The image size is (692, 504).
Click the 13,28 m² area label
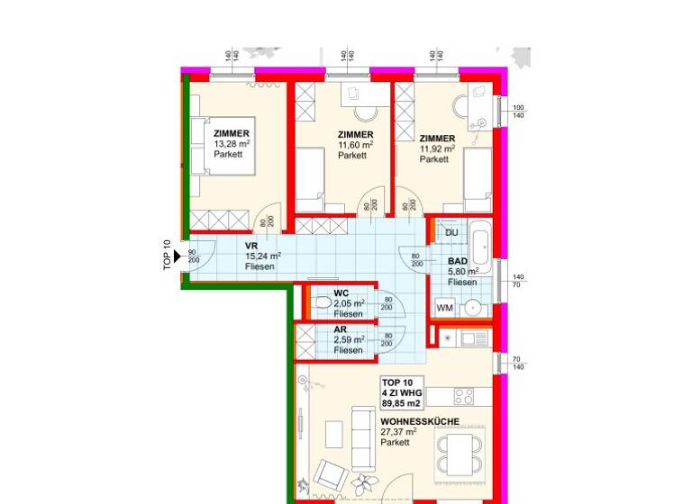[231, 144]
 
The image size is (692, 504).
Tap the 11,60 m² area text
[355, 145]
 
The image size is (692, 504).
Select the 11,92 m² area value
[437, 148]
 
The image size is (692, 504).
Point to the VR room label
[252, 245]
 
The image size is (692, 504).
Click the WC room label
[341, 293]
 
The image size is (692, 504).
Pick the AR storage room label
[341, 329]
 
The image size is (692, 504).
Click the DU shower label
[452, 233]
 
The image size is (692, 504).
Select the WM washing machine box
[444, 308]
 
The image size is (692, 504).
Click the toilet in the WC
[321, 306]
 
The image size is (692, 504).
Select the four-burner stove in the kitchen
[464, 396]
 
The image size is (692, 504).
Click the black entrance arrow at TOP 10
[179, 257]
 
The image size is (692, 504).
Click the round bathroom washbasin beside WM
[472, 309]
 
